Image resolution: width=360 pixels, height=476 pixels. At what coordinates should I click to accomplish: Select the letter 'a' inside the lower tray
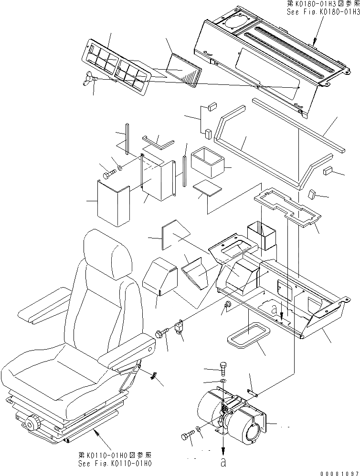coord(274,309)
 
